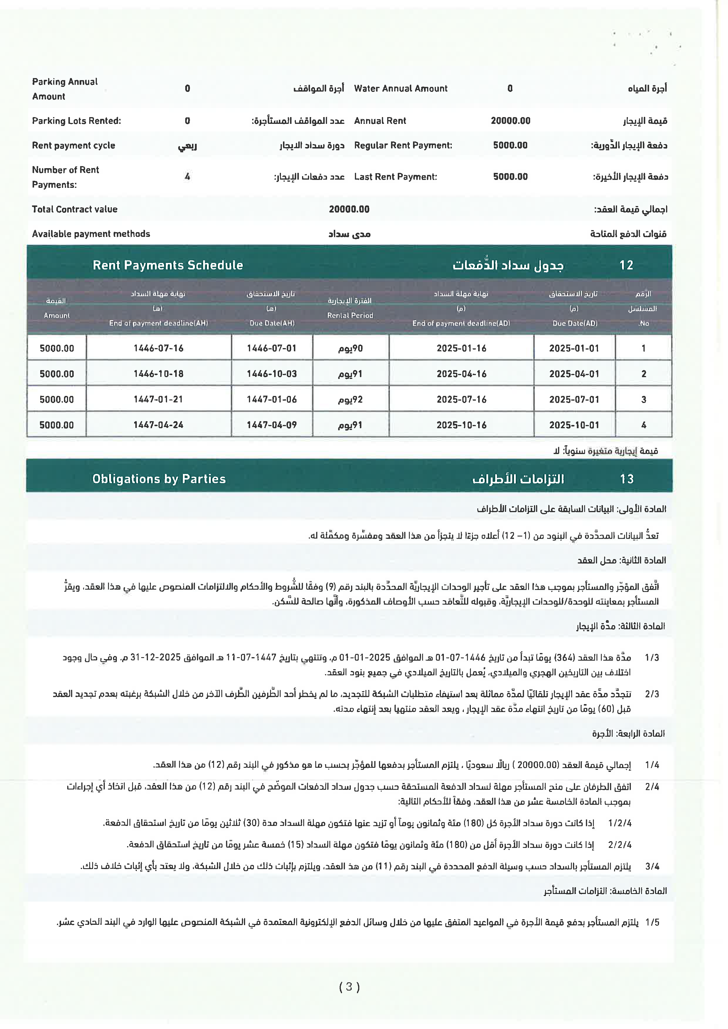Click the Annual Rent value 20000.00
coord(510,121)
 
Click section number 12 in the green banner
coord(626,265)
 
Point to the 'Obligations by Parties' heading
coord(159,479)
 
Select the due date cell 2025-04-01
coord(574,374)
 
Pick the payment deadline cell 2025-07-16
coord(461,399)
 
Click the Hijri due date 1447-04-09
coord(272,425)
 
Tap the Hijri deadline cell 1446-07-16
coord(158,348)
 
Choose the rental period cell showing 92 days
coord(350,399)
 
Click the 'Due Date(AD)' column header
coord(575,323)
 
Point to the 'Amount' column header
coord(56,316)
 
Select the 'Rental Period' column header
coord(350,316)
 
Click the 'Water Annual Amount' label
coord(400,89)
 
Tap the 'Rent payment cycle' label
coord(73,145)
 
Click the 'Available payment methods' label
coord(91,234)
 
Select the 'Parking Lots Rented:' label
coord(76,121)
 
